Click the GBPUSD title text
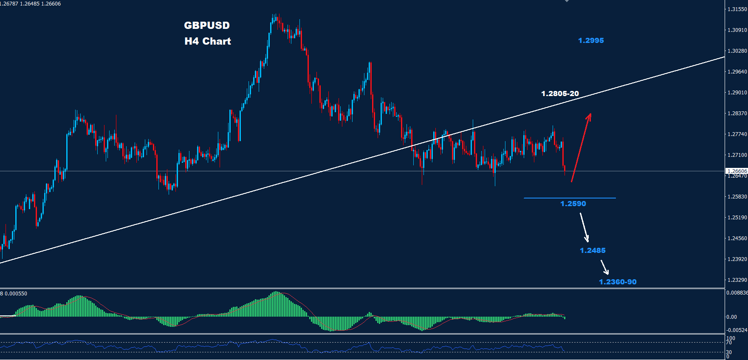207,26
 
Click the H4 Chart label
208,41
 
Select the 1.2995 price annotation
591,40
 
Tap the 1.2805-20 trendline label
560,94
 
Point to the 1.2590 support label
573,204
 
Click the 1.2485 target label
593,250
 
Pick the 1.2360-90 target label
618,282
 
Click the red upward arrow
581,147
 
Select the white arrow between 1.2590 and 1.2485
584,227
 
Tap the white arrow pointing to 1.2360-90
605,267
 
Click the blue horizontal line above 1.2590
569,198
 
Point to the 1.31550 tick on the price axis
737,9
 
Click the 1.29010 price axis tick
737,93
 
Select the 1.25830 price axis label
737,197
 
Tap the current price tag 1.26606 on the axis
737,171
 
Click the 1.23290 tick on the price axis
737,280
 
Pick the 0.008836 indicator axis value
737,293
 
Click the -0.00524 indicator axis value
737,330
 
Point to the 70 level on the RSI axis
729,342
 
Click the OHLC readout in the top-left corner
31,4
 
